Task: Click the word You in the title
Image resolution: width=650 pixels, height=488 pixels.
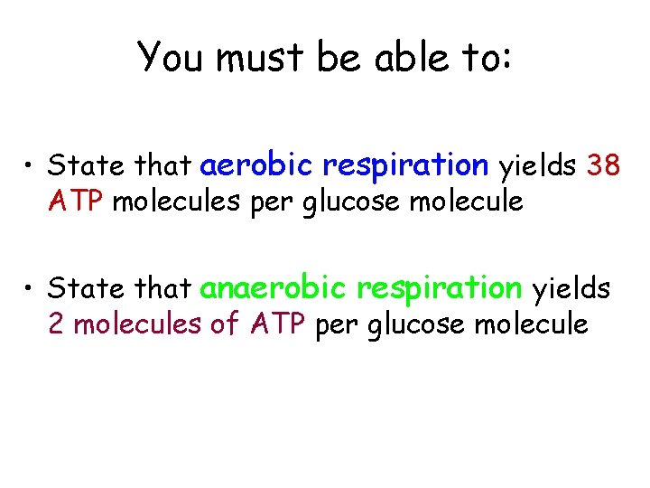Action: (x=169, y=57)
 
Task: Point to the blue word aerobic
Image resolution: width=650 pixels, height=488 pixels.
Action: (x=256, y=165)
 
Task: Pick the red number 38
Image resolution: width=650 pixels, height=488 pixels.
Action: (x=604, y=165)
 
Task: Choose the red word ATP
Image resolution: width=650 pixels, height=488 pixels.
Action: (x=78, y=200)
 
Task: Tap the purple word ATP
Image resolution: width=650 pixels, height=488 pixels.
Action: (x=277, y=323)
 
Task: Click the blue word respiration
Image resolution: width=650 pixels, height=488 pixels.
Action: (x=405, y=165)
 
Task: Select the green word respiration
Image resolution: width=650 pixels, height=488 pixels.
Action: (x=439, y=288)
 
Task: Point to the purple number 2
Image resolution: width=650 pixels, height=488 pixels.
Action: (x=56, y=323)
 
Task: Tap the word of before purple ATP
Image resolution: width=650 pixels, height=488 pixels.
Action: (x=224, y=323)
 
